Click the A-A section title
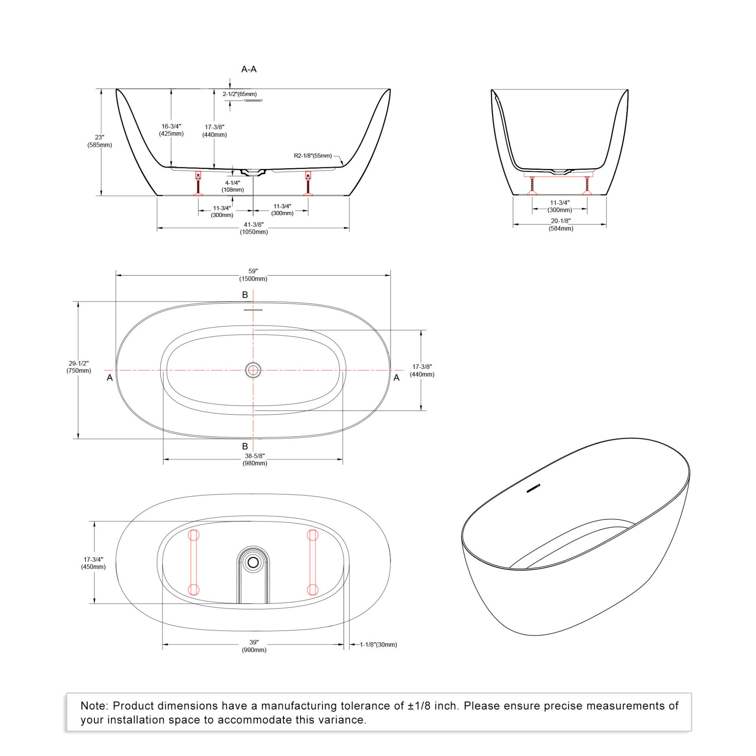pos(249,69)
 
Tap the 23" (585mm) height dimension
pos(100,141)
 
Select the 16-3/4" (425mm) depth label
pos(171,130)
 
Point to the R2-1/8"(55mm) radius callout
pos(313,156)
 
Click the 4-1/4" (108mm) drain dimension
pos(233,186)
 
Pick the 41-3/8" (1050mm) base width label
pos(254,228)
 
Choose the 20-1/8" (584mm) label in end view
pos(561,224)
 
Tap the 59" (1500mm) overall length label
pos(253,275)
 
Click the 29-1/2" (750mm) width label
pos(79,367)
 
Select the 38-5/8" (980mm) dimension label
pos(255,460)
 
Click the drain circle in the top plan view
pos(253,370)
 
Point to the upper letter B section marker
pos(245,295)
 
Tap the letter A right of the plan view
pos(397,378)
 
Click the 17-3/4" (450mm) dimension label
pos(93,563)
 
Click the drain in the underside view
pos(253,562)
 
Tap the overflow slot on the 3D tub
pos(533,488)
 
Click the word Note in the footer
pos(94,706)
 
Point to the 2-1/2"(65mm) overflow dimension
pos(240,94)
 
